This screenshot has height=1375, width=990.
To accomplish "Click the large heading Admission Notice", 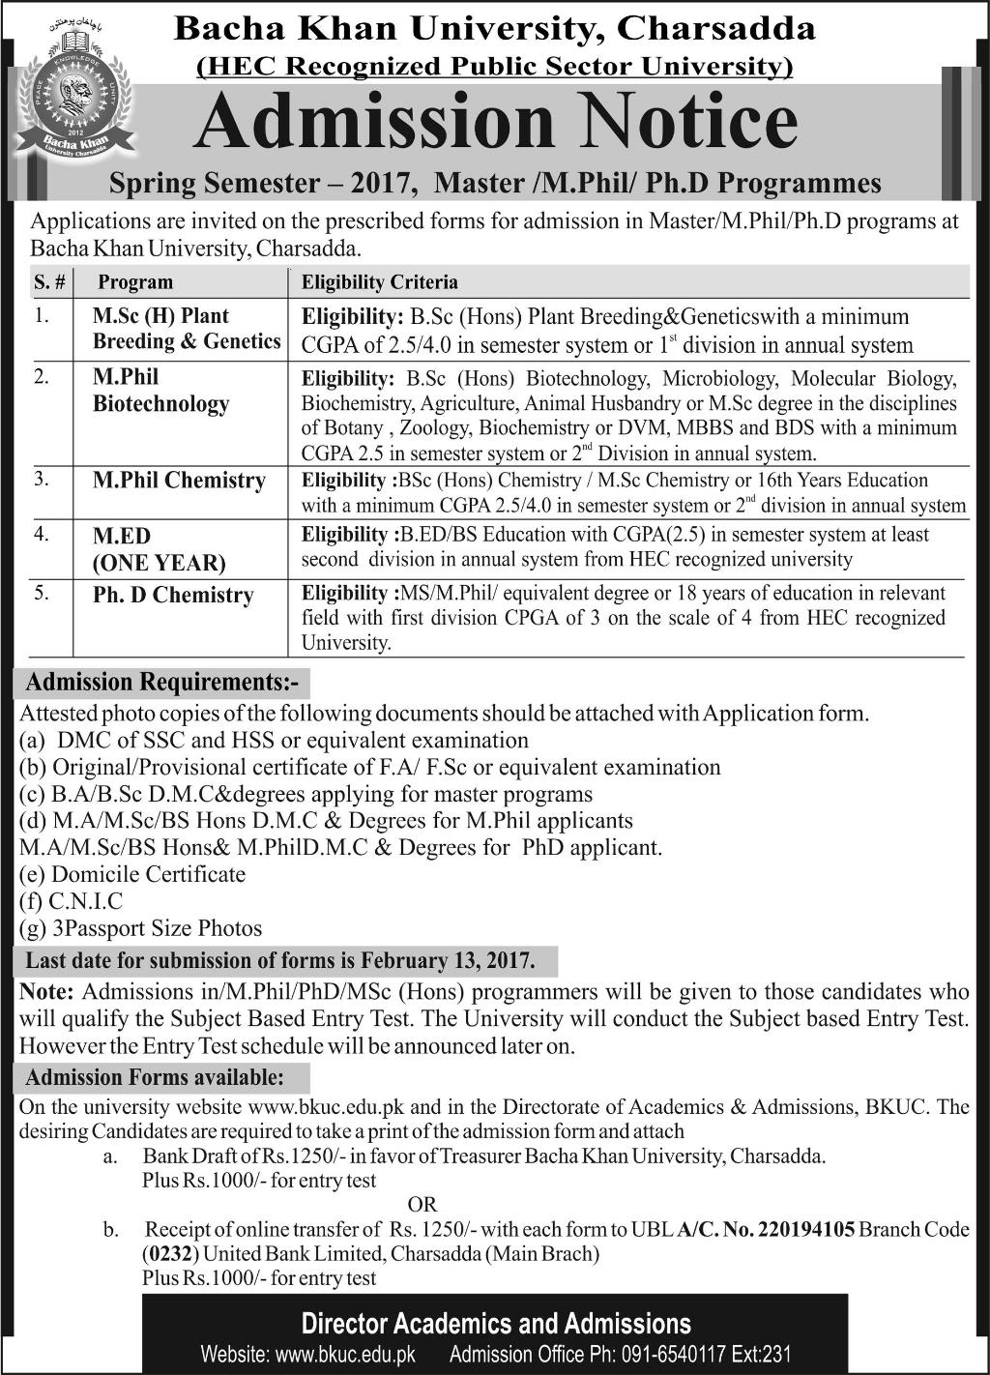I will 495,123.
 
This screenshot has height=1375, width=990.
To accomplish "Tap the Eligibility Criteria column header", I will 380,282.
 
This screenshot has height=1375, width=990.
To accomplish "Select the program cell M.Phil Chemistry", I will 179,481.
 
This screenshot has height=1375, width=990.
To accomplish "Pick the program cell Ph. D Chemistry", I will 173,596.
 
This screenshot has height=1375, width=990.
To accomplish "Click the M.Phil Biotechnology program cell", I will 160,391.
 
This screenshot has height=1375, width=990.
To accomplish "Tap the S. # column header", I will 48,282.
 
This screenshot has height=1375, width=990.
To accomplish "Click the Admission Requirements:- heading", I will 162,683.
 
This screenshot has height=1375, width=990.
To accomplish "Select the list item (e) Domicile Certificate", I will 132,874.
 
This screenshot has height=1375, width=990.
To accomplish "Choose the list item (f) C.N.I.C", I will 72,901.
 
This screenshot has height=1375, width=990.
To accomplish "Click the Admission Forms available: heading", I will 155,1077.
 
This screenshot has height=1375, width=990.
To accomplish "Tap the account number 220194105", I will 806,1230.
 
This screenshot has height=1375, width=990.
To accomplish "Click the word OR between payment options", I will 422,1205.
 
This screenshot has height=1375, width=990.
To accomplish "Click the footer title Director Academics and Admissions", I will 496,1324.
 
